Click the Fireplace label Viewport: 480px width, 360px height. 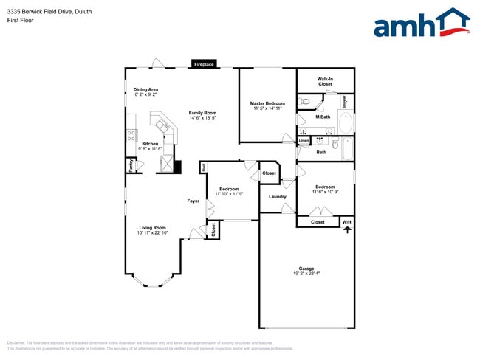pos(204,65)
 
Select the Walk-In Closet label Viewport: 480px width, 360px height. pos(325,80)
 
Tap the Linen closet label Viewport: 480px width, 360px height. pos(304,140)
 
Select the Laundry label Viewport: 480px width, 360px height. pos(277,196)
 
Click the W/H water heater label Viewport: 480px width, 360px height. pos(346,221)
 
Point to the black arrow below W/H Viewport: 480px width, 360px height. pos(346,230)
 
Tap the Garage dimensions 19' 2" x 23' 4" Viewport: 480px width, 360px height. pos(306,274)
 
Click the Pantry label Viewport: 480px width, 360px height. pos(131,167)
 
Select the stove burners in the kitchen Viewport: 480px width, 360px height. pos(131,135)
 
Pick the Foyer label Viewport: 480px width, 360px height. pos(193,201)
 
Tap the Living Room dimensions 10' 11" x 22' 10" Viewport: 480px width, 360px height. pos(152,233)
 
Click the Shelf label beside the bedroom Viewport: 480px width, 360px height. pos(202,168)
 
